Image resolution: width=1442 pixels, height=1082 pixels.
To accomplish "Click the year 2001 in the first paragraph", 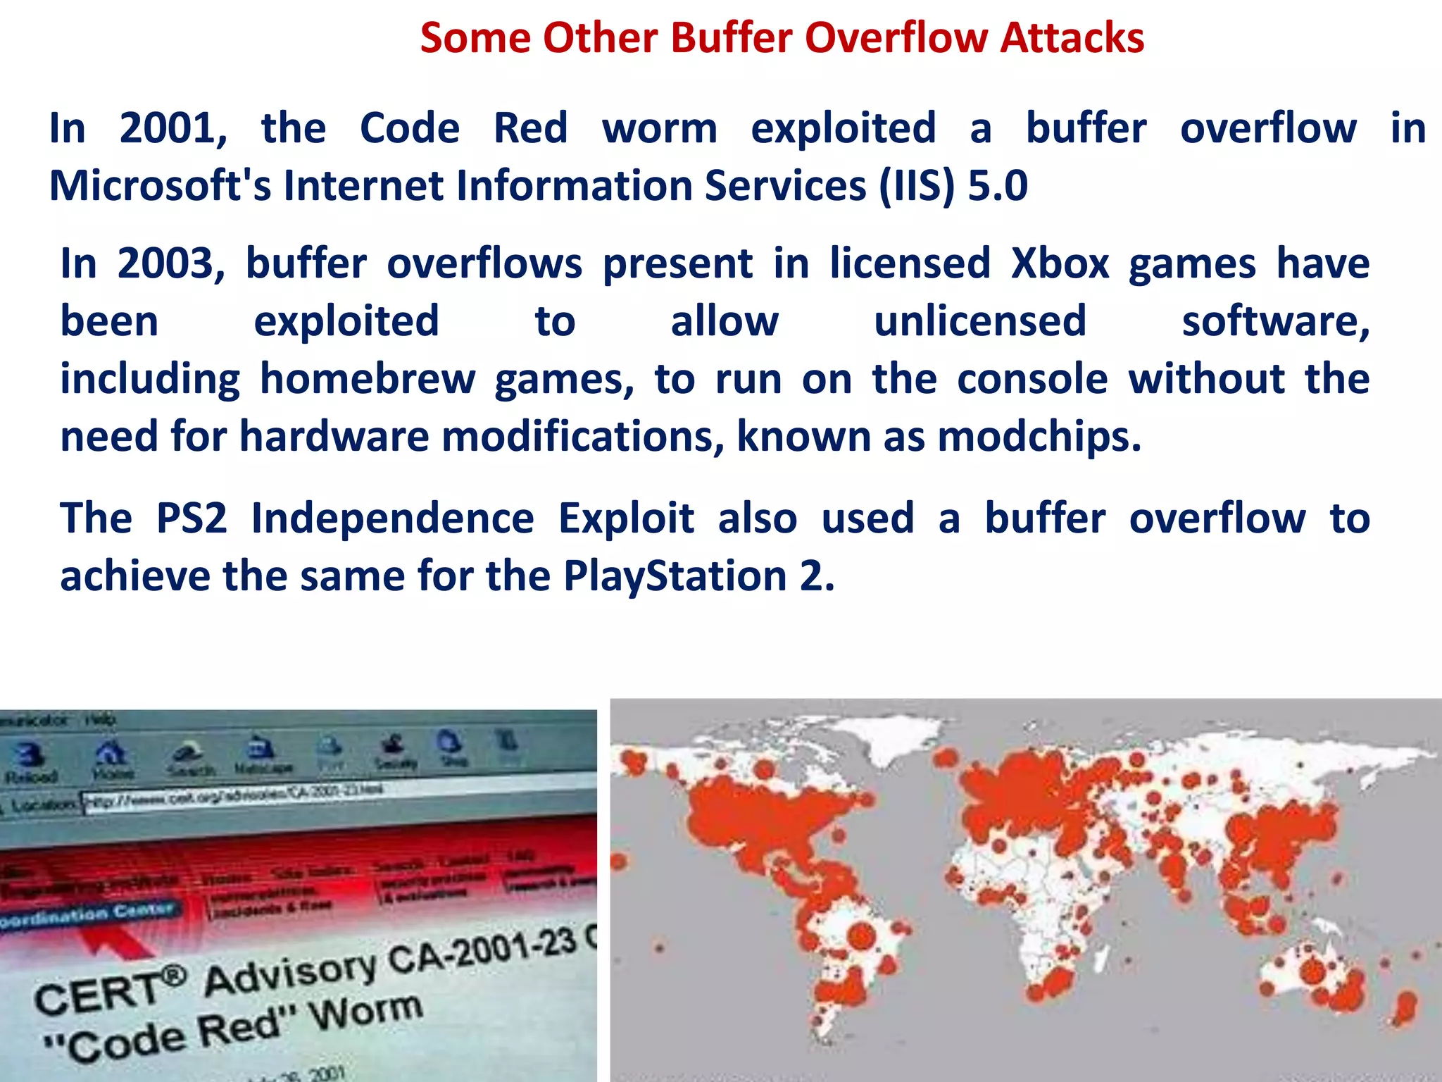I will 173,129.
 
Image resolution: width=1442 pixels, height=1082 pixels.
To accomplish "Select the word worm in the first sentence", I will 660,129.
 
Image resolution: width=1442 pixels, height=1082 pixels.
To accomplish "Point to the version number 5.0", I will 998,186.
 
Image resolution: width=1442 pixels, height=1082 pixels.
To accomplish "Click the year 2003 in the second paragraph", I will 170,264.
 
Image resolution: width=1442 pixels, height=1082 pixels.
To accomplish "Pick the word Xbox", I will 1060,264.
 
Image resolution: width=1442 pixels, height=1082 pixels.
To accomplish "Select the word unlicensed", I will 980,322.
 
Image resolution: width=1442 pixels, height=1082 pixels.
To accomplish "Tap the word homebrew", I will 368,380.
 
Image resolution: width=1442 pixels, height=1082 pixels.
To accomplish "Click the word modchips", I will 1039,437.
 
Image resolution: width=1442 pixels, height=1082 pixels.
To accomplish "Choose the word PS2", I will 192,519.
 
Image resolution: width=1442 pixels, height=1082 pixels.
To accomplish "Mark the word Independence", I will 393,519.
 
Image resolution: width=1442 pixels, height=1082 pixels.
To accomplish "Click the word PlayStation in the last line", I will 675,577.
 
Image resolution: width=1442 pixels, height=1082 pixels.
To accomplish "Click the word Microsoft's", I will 160,186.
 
